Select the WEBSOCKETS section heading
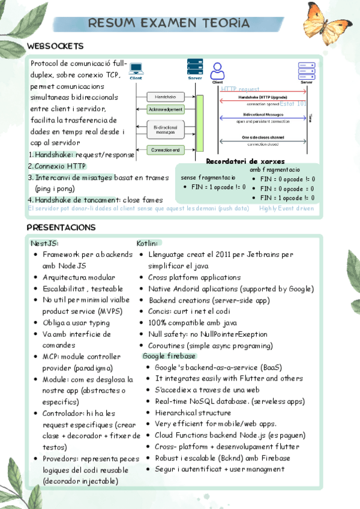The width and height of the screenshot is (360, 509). (55, 46)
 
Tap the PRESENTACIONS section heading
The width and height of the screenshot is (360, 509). (61, 227)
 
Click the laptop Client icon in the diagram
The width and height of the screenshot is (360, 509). (136, 69)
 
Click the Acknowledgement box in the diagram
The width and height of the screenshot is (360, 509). (166, 110)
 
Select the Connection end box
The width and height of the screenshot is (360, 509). (166, 149)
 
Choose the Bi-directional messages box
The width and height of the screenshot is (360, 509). (166, 129)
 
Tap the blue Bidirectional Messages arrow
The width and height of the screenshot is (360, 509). (264, 118)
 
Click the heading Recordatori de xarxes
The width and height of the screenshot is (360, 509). (245, 161)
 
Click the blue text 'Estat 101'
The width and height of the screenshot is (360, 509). (293, 104)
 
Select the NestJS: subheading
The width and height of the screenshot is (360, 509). (44, 243)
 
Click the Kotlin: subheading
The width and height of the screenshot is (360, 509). (147, 243)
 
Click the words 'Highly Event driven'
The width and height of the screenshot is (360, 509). (286, 208)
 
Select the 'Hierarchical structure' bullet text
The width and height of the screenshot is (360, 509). (193, 413)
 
